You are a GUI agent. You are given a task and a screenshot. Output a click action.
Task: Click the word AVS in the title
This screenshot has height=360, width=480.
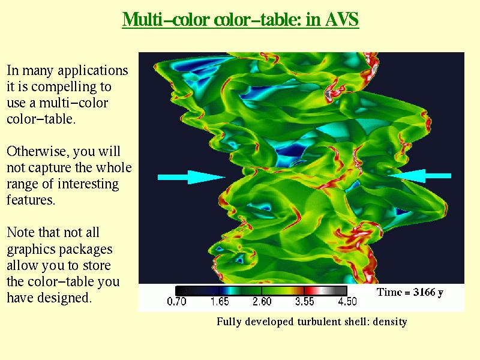click(x=341, y=19)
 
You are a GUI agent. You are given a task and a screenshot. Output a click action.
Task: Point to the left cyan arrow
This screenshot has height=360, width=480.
click(x=191, y=177)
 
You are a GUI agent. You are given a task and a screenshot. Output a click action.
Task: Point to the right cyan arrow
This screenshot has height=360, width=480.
click(x=419, y=176)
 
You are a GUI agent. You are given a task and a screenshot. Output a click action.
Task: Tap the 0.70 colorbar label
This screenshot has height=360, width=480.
click(x=176, y=302)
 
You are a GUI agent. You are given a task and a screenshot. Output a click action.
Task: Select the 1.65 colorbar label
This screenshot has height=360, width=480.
click(x=220, y=302)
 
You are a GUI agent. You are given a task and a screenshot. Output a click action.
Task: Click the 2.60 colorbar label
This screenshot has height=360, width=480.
click(x=262, y=302)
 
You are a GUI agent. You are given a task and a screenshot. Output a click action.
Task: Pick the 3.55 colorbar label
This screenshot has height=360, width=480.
click(x=305, y=302)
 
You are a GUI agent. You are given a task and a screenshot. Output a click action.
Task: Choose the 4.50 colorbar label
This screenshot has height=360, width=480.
click(x=347, y=302)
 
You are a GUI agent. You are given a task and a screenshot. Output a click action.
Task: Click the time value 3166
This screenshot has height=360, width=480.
click(x=424, y=292)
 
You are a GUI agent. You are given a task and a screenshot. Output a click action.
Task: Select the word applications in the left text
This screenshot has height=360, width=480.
click(x=93, y=71)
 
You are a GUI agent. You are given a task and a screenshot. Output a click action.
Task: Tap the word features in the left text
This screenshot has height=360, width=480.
click(x=31, y=200)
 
